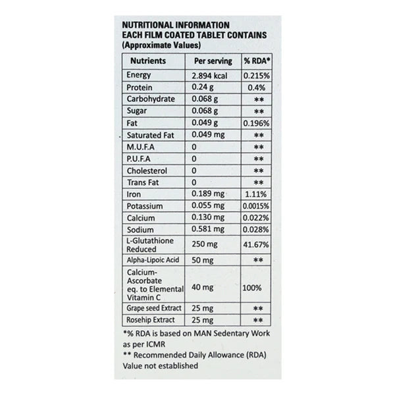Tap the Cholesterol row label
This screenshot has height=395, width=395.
[144, 171]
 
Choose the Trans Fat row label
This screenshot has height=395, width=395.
[141, 182]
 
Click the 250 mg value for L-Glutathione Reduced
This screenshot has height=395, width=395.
[205, 246]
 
